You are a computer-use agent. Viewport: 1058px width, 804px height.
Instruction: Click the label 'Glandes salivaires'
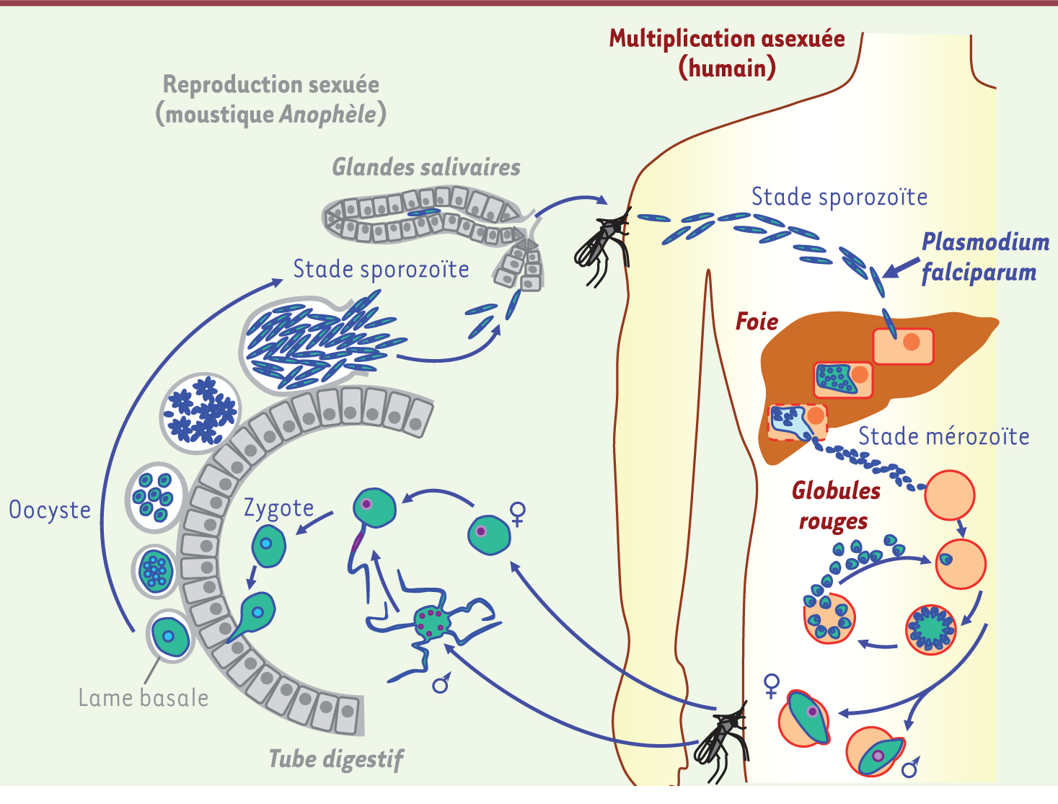point(426,167)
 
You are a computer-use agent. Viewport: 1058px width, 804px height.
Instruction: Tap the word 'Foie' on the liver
point(757,322)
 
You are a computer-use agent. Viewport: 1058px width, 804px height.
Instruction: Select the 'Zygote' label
point(278,508)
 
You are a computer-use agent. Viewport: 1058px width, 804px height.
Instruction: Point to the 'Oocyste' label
point(50,510)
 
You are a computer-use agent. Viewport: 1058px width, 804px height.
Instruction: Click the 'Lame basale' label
point(143,698)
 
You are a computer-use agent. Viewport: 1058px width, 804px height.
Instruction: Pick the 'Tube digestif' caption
point(335,759)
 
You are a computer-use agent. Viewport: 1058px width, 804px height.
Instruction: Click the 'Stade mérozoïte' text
point(943,436)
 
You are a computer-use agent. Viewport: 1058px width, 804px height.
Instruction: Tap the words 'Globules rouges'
point(835,505)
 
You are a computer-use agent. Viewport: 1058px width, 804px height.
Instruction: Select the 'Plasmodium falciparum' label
point(984,257)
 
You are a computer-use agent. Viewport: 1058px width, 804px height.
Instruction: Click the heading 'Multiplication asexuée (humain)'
point(726,53)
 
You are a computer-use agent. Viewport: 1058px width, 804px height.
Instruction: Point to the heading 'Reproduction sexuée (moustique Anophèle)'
point(270,99)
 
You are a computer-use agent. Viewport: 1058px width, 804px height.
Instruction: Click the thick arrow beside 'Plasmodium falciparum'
point(900,268)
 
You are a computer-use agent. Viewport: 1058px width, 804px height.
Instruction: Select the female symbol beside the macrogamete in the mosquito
point(517,513)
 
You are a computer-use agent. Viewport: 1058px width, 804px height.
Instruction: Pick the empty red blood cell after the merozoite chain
point(949,495)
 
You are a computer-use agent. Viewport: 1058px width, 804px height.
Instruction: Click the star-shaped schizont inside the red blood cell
point(930,629)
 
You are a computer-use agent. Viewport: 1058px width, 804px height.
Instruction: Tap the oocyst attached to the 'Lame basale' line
point(170,637)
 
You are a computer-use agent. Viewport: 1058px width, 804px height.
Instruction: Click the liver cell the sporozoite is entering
point(903,346)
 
